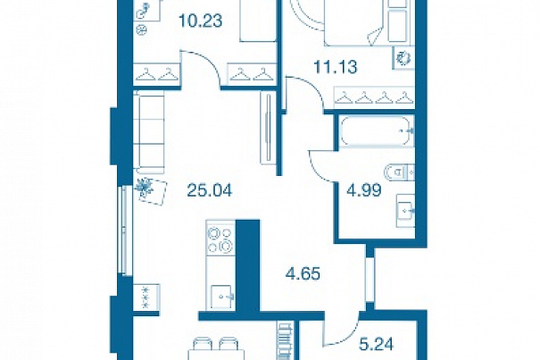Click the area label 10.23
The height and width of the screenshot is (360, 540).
[x=201, y=21]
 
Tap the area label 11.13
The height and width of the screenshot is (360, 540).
[x=336, y=67]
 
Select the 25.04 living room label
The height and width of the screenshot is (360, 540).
[x=210, y=190]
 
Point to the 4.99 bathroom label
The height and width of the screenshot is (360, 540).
[x=364, y=190]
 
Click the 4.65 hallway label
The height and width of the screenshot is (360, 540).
[x=303, y=274]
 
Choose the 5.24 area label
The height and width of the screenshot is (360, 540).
[x=376, y=344]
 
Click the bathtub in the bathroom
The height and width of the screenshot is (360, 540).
[x=377, y=131]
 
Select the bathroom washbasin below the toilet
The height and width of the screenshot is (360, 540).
[x=406, y=210]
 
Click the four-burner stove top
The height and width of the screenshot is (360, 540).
[x=220, y=239]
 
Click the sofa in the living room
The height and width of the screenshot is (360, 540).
[x=149, y=132]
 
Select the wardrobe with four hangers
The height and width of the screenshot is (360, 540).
[x=374, y=97]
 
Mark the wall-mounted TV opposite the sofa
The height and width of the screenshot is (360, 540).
[x=267, y=128]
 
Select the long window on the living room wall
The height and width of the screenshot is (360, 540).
[x=125, y=230]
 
